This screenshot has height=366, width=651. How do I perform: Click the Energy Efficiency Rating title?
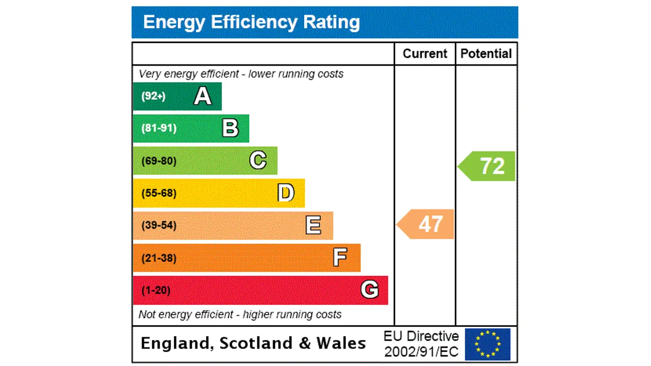coord(251,22)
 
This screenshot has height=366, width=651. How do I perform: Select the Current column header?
coord(425,54)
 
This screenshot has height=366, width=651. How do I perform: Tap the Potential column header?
coord(486,54)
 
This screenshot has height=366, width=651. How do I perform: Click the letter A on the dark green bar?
coord(202,96)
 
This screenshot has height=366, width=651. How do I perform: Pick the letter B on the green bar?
coord(230,128)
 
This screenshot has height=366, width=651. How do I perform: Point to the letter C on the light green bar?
coord(258,161)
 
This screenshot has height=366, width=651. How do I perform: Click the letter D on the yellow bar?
coord(286,193)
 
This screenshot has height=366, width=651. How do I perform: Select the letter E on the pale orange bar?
coord(313,225)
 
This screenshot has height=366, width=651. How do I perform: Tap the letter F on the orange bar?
coord(340,258)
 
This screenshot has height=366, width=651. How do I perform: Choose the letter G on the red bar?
coord(369,290)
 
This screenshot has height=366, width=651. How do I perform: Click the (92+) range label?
coord(153,96)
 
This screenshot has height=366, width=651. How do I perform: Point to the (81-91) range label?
coord(159,128)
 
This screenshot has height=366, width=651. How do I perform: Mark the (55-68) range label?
coord(159,193)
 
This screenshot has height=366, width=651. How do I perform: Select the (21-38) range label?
coord(159,258)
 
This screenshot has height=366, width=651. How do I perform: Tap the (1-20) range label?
coord(156,290)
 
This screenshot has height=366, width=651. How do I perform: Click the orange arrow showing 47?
coord(426,224)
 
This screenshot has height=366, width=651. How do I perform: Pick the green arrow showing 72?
coord(487,166)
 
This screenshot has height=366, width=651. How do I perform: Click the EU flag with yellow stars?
coord(487,344)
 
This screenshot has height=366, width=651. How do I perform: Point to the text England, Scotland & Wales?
coord(253,343)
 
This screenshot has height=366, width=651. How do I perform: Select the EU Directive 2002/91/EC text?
coord(421,344)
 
